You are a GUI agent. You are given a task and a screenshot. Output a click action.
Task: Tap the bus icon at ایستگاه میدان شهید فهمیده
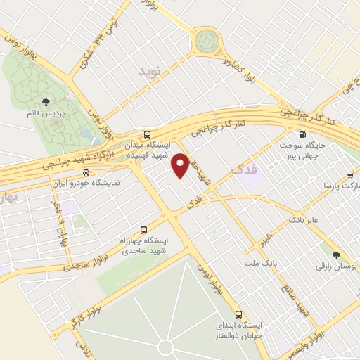pyautogui.click(x=146, y=134)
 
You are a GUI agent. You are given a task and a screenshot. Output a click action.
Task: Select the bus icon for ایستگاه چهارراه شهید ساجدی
pyautogui.click(x=144, y=229)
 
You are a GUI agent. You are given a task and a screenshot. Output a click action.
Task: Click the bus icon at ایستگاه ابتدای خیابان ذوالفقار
pyautogui.click(x=238, y=314)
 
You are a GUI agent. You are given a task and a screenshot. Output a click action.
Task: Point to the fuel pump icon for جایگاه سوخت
pyautogui.click(x=302, y=135)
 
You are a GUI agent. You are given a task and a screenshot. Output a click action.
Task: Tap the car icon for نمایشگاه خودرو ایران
pyautogui.click(x=86, y=172)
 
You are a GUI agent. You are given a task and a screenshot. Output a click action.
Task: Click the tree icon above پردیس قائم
pyautogui.click(x=46, y=101)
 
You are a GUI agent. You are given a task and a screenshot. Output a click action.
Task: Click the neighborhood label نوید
pyautogui.click(x=149, y=71)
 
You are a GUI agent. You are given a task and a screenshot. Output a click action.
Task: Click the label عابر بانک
pyautogui.click(x=303, y=220)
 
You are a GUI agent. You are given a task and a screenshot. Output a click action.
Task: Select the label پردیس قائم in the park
pyautogui.click(x=46, y=113)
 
